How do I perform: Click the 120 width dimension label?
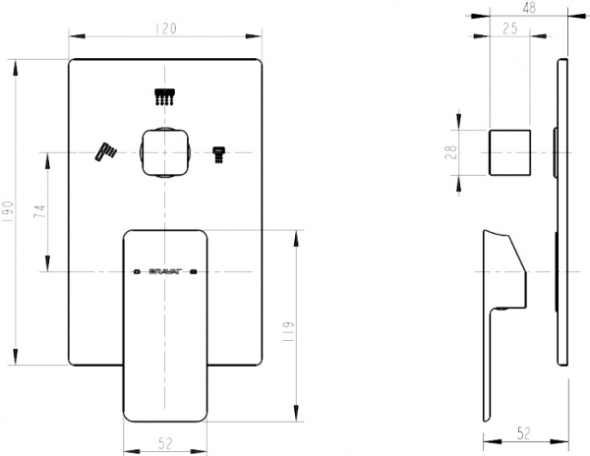point(165,28)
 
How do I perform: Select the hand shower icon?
point(104,150)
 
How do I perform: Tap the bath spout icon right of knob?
point(218,152)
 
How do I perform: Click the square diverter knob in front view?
point(165,151)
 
